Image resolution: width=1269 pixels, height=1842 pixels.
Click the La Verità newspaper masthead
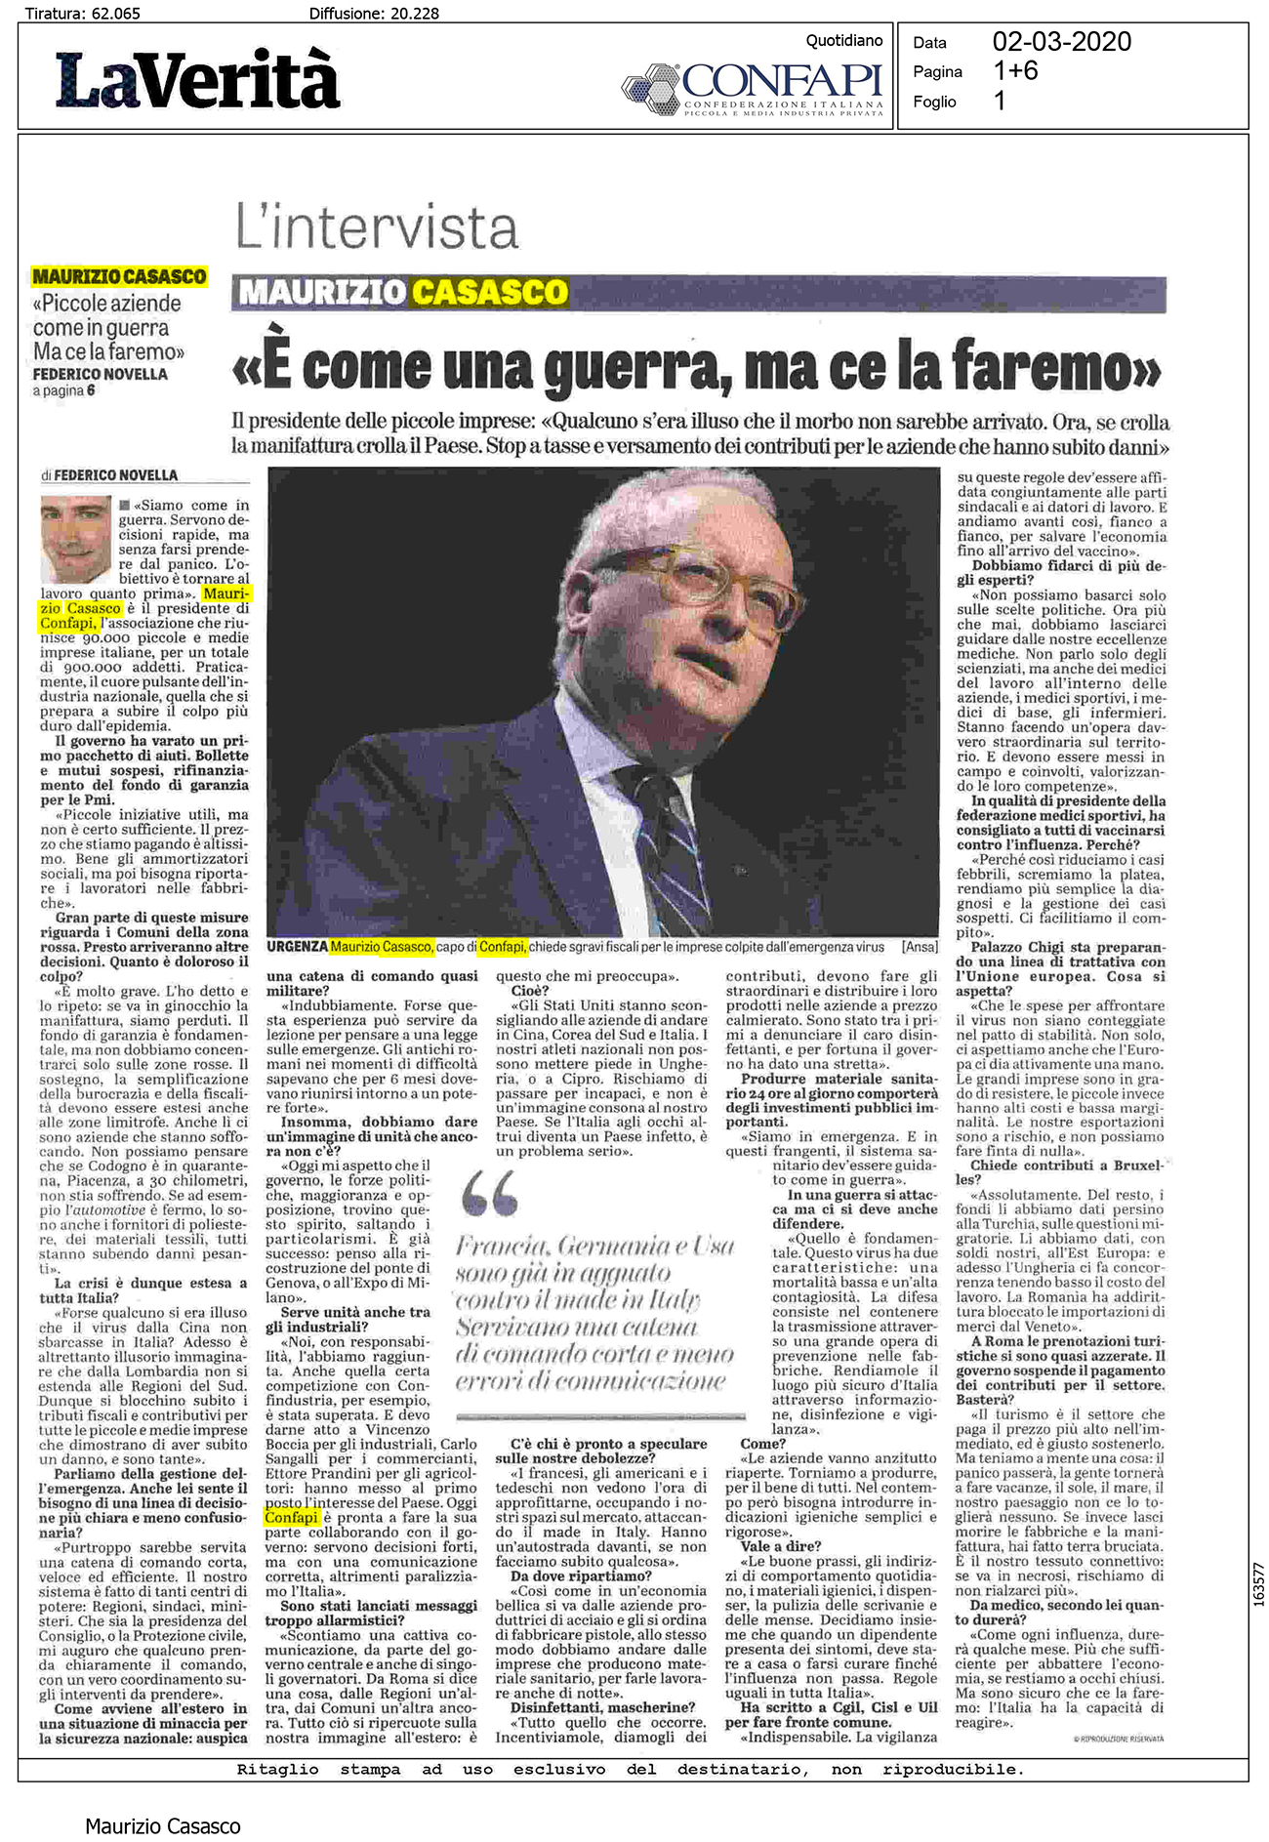pos(198,79)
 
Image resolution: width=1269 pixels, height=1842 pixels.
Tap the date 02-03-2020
pos(1061,42)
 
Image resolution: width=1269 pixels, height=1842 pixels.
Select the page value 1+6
pos(1015,71)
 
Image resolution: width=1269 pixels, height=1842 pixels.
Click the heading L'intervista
pos(377,227)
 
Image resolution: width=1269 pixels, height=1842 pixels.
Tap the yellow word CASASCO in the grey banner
pos(489,292)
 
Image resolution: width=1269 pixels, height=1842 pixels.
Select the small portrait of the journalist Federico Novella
pos(75,539)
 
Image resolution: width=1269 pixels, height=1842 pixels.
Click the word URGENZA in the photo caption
pos(297,947)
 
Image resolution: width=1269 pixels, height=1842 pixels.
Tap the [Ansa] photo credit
pos(920,947)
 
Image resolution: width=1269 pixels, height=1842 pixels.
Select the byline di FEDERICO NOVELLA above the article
pos(109,475)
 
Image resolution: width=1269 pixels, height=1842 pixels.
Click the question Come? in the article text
pos(762,1444)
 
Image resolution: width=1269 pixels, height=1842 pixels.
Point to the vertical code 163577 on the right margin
pos(1258,1584)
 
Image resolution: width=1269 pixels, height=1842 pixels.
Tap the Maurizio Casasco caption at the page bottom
pos(162,1825)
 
